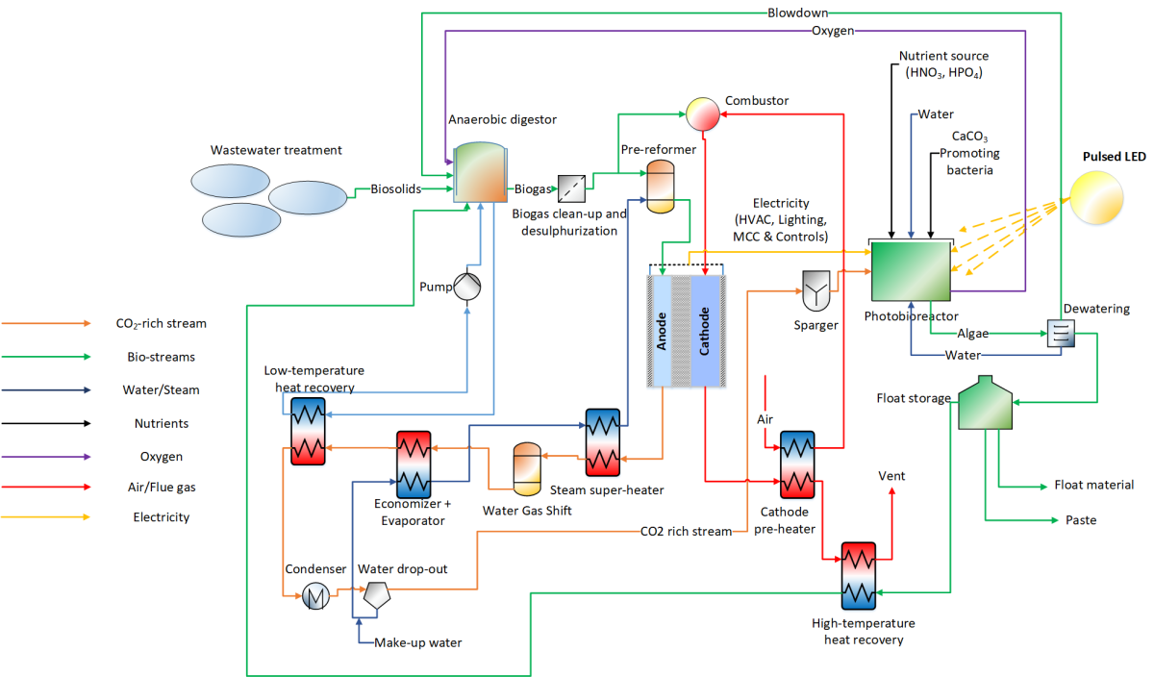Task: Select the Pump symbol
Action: (467, 286)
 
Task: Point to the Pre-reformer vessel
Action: (661, 186)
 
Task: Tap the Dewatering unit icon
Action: (1061, 334)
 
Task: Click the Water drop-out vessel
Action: (374, 596)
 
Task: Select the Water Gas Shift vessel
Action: (527, 465)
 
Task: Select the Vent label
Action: (891, 476)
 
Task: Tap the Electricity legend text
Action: (161, 517)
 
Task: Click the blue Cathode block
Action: (706, 332)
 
